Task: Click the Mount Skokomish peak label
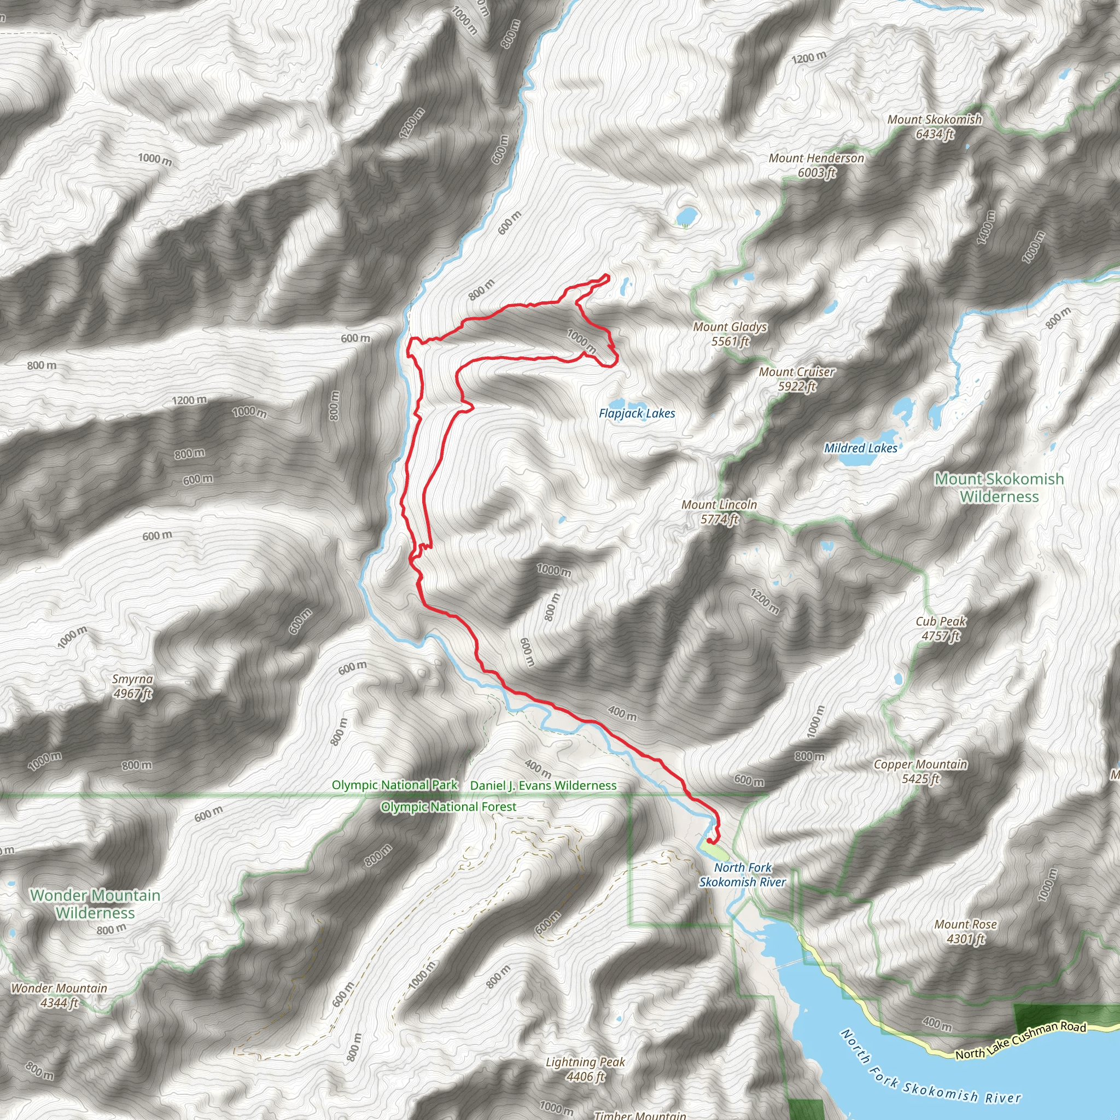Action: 934,126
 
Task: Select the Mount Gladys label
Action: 730,334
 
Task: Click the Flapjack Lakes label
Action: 637,413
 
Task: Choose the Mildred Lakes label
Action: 860,448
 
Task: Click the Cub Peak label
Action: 940,628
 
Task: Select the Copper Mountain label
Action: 920,772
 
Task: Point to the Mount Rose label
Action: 965,931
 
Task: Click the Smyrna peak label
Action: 132,686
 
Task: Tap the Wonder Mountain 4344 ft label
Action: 59,995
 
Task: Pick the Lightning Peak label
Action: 585,1069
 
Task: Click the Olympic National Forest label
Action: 448,807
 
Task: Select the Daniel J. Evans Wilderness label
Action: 543,785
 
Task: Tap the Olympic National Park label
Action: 394,785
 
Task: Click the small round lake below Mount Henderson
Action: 686,216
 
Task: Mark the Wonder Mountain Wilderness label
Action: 95,904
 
